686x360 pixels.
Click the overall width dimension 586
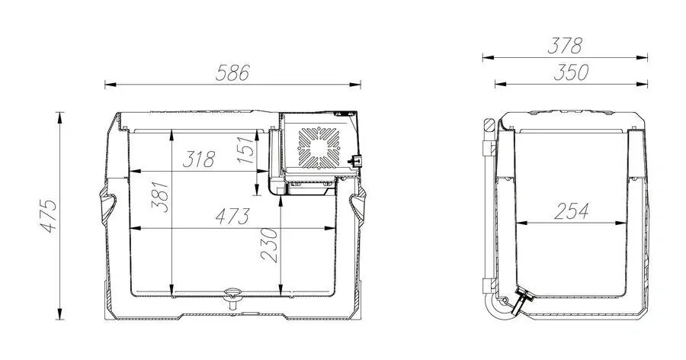point(233,72)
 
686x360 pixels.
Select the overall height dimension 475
point(50,217)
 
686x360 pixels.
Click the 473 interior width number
point(232,216)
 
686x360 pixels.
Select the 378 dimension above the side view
point(566,46)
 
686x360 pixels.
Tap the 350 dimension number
point(571,72)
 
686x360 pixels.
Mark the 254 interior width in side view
point(572,211)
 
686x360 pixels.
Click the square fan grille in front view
point(316,146)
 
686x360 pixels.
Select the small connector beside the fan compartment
point(354,161)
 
